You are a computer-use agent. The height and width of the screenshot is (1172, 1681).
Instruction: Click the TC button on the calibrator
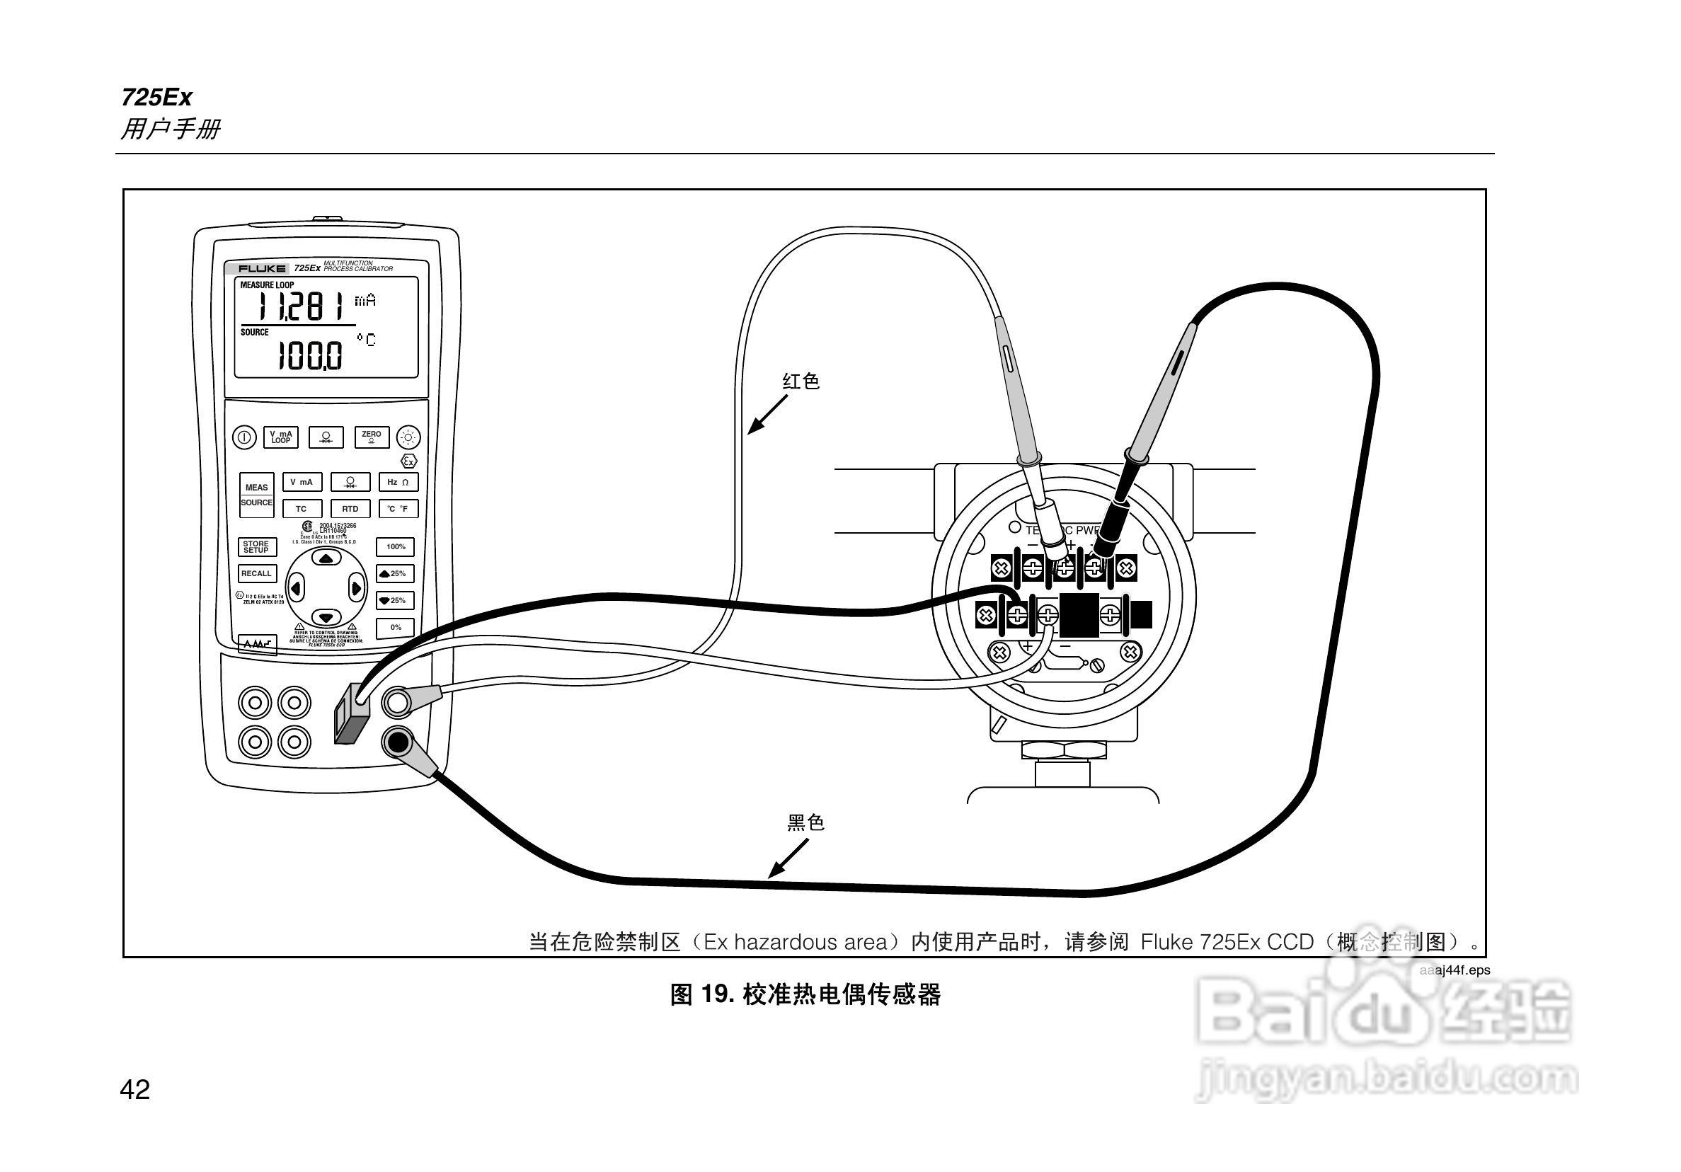pyautogui.click(x=302, y=509)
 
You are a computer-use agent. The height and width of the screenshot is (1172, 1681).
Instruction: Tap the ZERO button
pyautogui.click(x=371, y=437)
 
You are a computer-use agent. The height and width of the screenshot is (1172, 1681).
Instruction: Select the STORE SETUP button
pyautogui.click(x=256, y=547)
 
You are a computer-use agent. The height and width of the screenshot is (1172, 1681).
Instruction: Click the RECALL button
pyautogui.click(x=256, y=574)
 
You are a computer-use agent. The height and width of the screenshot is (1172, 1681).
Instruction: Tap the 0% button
pyautogui.click(x=396, y=627)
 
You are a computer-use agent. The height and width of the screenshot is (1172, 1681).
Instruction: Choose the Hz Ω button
pyautogui.click(x=398, y=483)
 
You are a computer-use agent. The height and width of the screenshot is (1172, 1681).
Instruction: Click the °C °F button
pyautogui.click(x=398, y=509)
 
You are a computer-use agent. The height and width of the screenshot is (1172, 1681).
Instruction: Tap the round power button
pyautogui.click(x=243, y=438)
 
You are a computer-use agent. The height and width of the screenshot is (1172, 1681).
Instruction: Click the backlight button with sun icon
pyautogui.click(x=408, y=438)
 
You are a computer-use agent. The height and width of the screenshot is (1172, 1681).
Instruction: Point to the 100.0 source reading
pyautogui.click(x=310, y=357)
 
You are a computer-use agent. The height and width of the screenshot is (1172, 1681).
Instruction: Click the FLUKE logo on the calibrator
pyautogui.click(x=261, y=269)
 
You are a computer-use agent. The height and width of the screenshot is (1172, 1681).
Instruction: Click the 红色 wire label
pyautogui.click(x=801, y=381)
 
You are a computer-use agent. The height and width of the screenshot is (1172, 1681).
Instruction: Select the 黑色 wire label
pyautogui.click(x=805, y=823)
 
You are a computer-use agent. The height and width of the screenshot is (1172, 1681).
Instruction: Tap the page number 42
pyautogui.click(x=134, y=1090)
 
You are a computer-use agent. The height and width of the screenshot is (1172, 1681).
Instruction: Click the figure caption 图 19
pyautogui.click(x=805, y=995)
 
